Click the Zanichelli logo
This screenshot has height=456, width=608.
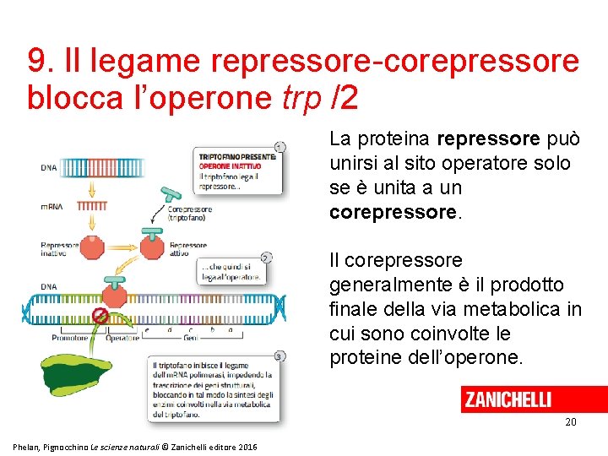click(508, 399)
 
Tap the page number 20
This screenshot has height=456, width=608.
click(571, 421)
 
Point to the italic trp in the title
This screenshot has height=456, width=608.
click(302, 98)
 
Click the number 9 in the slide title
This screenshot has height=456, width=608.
click(36, 61)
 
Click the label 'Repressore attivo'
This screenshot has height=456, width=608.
click(188, 249)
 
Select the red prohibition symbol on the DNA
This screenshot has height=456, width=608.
click(100, 317)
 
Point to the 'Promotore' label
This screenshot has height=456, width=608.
click(71, 339)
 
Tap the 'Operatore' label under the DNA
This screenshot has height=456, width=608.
click(123, 339)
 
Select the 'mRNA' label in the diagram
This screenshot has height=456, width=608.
click(50, 205)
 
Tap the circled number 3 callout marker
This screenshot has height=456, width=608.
click(280, 356)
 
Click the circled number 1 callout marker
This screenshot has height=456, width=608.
click(280, 146)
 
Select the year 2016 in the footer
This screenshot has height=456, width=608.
click(247, 446)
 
